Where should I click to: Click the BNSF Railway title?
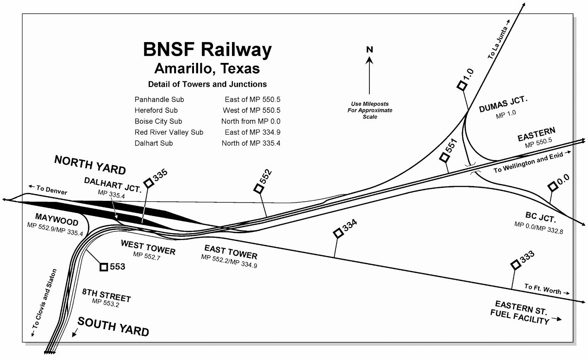point(206,50)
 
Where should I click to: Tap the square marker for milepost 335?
point(149,183)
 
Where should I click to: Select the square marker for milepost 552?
point(258,188)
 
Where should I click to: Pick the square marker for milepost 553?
point(104,267)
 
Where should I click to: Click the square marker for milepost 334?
point(338,234)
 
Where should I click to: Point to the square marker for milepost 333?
point(515,264)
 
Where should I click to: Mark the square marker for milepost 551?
point(445,157)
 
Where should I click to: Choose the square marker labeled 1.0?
point(461,85)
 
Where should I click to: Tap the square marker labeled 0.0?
point(552,186)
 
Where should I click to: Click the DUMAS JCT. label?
point(503,107)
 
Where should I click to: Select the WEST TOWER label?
point(148,247)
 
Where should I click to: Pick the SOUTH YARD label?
point(113,327)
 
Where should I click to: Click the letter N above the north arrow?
point(369,50)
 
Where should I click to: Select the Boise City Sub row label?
point(158,121)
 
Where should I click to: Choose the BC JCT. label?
point(539,217)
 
